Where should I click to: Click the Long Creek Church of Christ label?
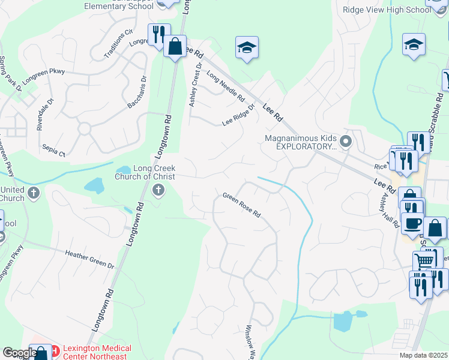(x=146, y=173)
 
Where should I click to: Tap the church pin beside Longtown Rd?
(x=159, y=191)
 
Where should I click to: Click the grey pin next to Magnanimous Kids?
(x=346, y=142)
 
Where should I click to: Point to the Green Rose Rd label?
(x=241, y=205)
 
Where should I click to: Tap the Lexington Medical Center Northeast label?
(x=96, y=352)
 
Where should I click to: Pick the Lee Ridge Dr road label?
(x=238, y=113)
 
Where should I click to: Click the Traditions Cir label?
(x=118, y=41)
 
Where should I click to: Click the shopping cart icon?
(x=424, y=261)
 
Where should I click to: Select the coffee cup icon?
(x=412, y=223)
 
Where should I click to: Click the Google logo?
(x=20, y=353)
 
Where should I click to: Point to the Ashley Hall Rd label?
(x=389, y=212)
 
